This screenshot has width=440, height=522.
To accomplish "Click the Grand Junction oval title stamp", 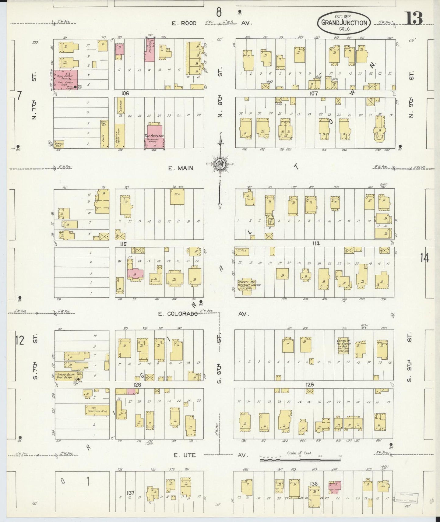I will coord(344,23).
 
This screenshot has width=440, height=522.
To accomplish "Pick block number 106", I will coord(125,93).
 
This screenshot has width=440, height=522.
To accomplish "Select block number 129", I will coord(310,385).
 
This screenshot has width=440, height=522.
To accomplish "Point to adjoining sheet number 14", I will coord(424,258).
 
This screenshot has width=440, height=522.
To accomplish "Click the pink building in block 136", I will coord(335,487).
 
